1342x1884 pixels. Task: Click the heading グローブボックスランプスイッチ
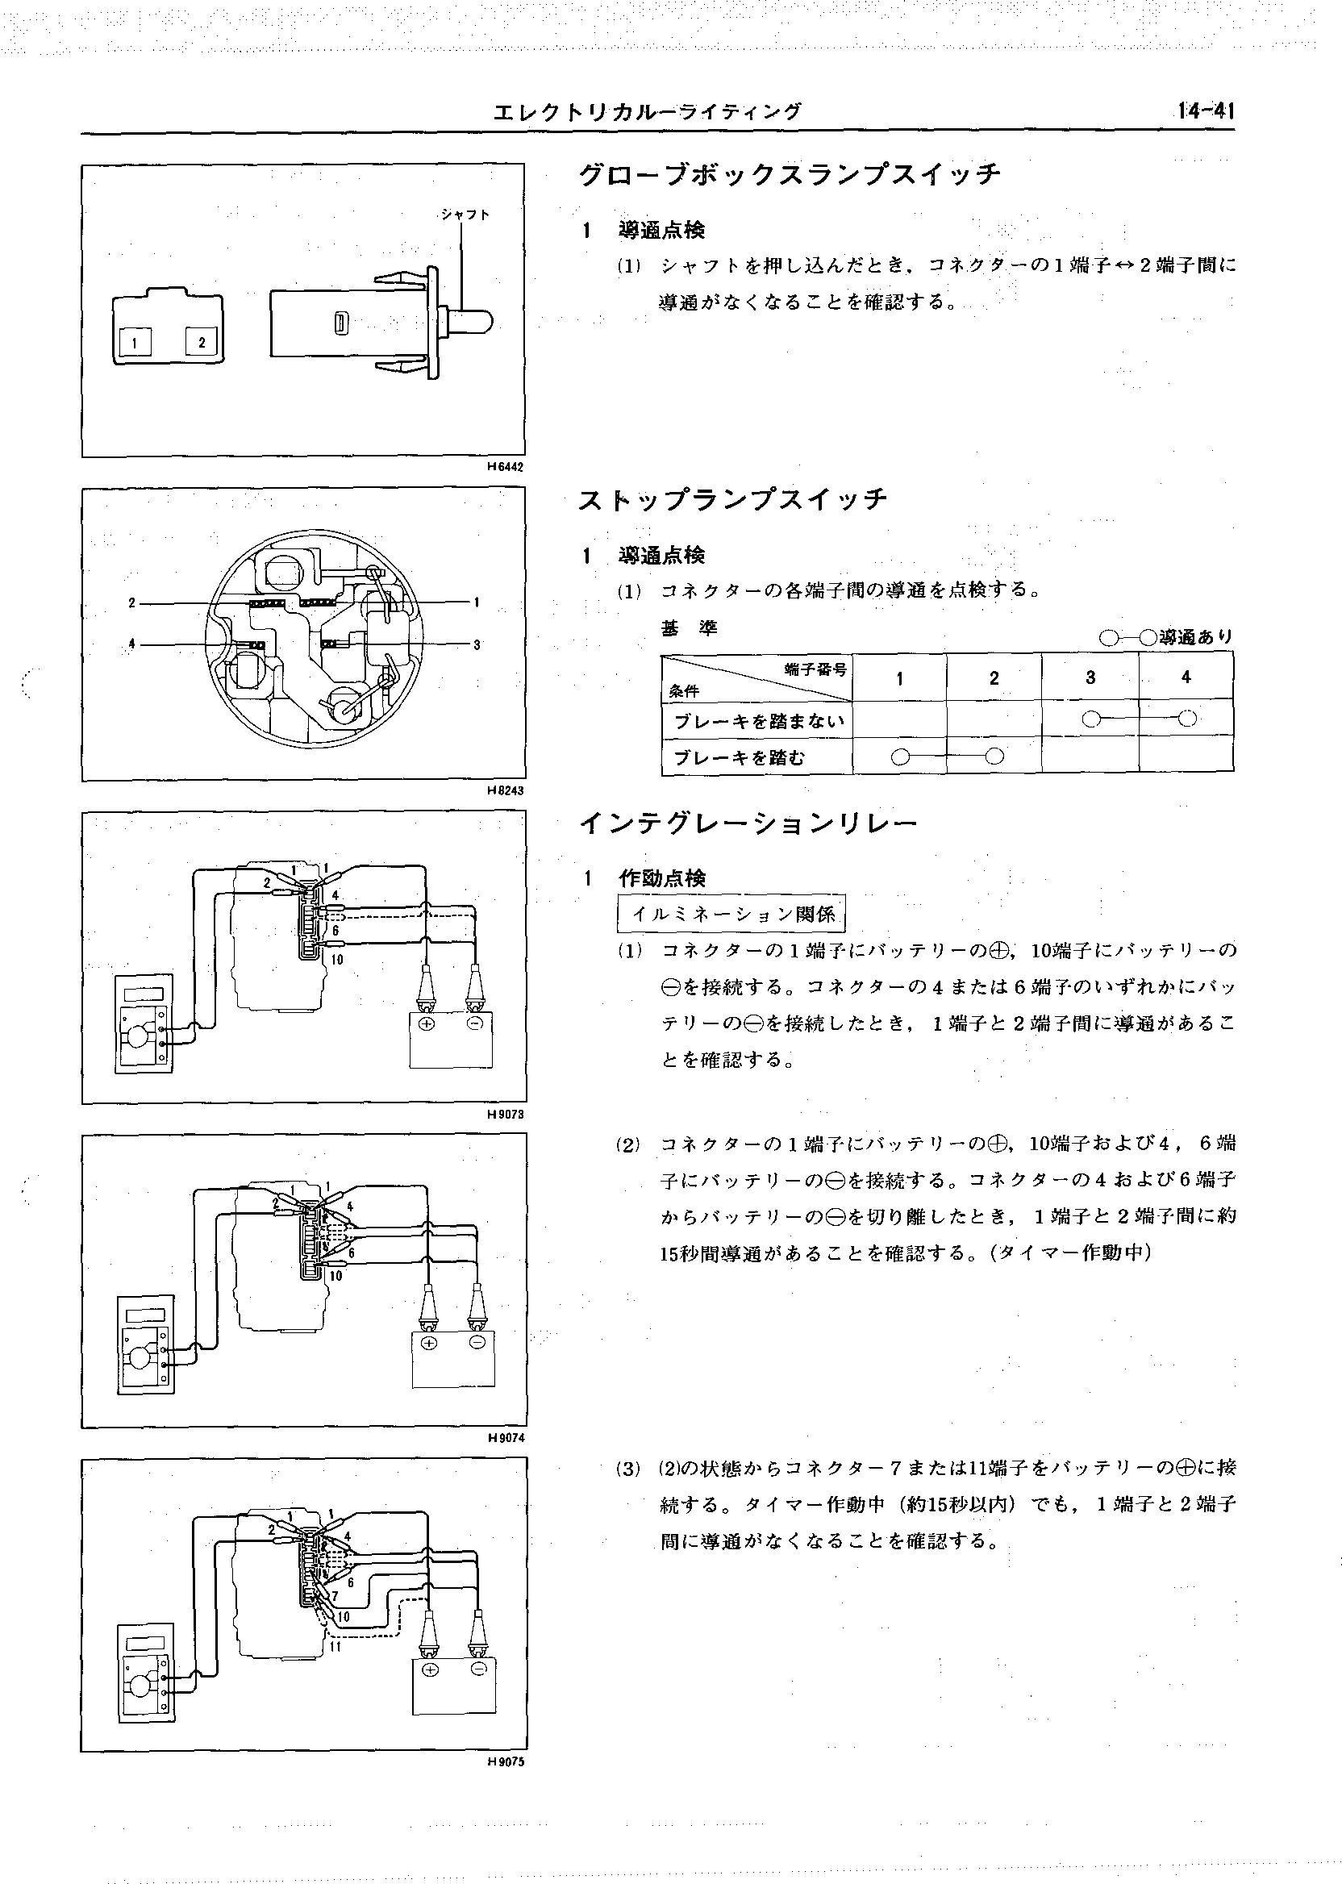pyautogui.click(x=790, y=174)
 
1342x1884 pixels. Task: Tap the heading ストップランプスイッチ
pyautogui.click(x=732, y=499)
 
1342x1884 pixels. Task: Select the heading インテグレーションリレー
pyautogui.click(x=748, y=823)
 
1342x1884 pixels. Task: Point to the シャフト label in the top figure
pyautogui.click(x=465, y=214)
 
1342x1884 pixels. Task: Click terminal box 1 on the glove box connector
pyautogui.click(x=132, y=340)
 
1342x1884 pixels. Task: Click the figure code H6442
pyautogui.click(x=506, y=466)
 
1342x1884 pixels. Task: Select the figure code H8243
pyautogui.click(x=506, y=790)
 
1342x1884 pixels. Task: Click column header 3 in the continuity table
pyautogui.click(x=1090, y=677)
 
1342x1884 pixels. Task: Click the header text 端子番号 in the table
pyautogui.click(x=815, y=669)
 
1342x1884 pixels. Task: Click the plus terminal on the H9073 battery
pyautogui.click(x=427, y=1023)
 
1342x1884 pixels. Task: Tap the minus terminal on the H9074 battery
pyautogui.click(x=477, y=1343)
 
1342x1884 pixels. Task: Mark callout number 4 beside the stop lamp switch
pyautogui.click(x=132, y=643)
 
